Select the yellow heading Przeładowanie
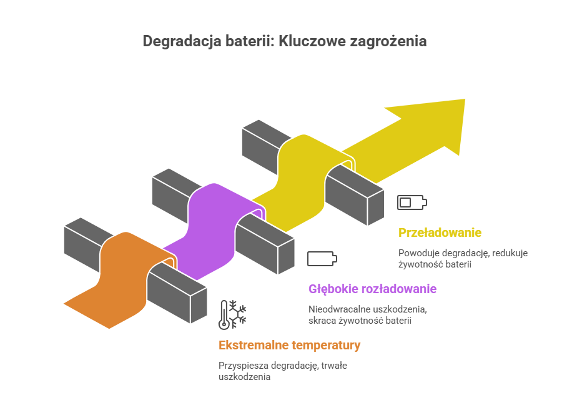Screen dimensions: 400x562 click(x=440, y=232)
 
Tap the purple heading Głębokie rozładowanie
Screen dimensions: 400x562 click(x=372, y=289)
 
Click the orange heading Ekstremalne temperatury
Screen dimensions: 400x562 click(x=289, y=345)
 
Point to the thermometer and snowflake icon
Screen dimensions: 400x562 click(x=232, y=314)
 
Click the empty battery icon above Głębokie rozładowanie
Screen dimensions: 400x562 click(x=322, y=258)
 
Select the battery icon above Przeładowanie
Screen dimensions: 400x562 click(x=412, y=202)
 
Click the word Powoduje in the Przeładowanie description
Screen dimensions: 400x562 click(x=417, y=253)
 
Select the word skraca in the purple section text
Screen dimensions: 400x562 click(x=322, y=320)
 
